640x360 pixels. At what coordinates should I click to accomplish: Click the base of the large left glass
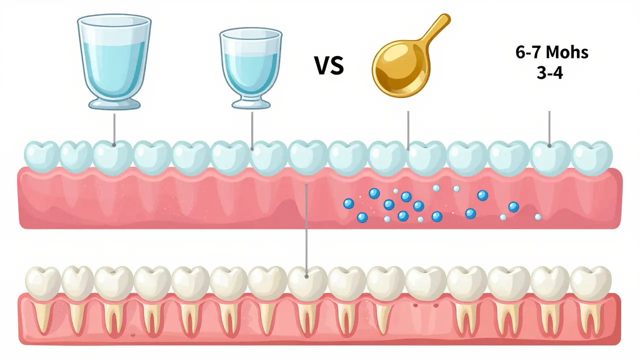tap(114, 103)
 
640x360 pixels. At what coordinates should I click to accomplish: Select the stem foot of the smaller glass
tap(250, 103)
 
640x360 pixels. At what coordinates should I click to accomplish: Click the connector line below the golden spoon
tap(408, 127)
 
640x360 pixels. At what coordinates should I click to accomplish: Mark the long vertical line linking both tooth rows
tap(306, 225)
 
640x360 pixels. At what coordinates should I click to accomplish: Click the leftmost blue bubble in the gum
tap(349, 203)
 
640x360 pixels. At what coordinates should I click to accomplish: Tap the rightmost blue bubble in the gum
tap(513, 206)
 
